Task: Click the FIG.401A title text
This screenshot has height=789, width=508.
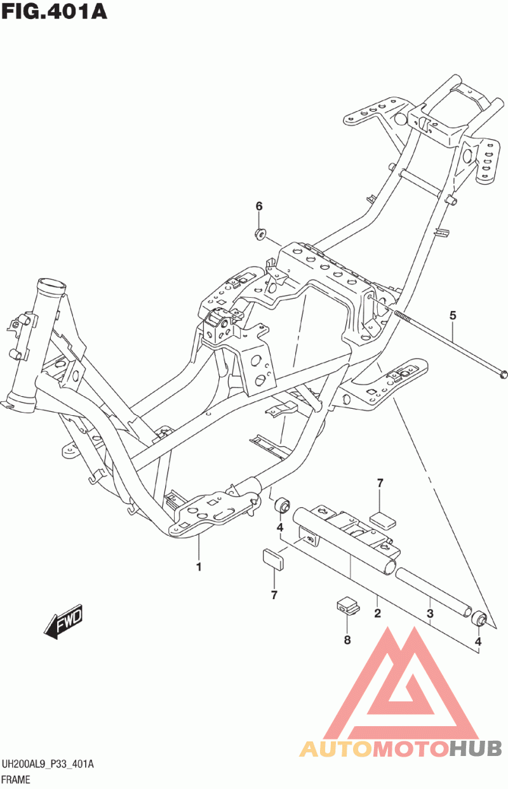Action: pyautogui.click(x=54, y=11)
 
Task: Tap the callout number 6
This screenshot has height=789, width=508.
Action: pyautogui.click(x=259, y=206)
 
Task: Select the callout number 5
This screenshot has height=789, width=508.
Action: pyautogui.click(x=453, y=315)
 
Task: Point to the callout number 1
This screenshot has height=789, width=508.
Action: pyautogui.click(x=199, y=567)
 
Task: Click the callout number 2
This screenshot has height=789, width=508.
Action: pyautogui.click(x=378, y=613)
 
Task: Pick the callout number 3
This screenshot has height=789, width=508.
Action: pyautogui.click(x=430, y=614)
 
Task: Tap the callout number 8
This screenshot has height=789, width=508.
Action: pyautogui.click(x=347, y=640)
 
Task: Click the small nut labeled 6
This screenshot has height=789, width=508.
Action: pyautogui.click(x=261, y=234)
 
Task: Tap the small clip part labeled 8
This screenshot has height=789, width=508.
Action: pyautogui.click(x=347, y=606)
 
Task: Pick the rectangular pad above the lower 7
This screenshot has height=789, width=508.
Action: pyautogui.click(x=272, y=559)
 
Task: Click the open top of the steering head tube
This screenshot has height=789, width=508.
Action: pyautogui.click(x=52, y=283)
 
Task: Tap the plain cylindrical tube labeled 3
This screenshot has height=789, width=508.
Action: pyautogui.click(x=434, y=592)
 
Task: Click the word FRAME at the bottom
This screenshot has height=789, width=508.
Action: pyautogui.click(x=17, y=779)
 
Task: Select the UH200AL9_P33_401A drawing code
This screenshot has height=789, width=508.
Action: pyautogui.click(x=48, y=764)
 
